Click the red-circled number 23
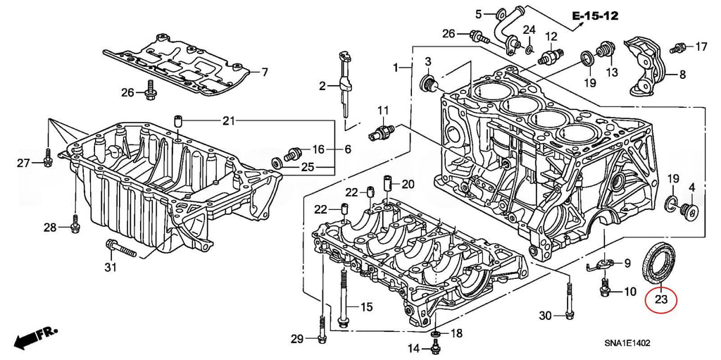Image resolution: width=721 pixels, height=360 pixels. (660, 300)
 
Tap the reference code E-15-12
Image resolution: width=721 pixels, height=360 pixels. (595, 15)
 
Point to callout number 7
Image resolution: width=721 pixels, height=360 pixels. (265, 73)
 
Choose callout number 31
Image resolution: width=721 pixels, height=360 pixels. (109, 267)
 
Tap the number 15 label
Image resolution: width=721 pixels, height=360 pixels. (365, 307)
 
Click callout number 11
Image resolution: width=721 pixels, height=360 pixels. (382, 111)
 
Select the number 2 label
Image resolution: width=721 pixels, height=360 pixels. (322, 86)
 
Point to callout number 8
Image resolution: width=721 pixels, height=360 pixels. (682, 74)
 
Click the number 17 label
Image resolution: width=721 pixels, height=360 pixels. (701, 47)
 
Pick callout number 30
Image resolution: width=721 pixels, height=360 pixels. (545, 316)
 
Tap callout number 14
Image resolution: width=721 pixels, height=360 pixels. (414, 348)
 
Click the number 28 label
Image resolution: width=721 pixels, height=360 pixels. (49, 227)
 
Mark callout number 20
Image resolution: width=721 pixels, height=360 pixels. (408, 185)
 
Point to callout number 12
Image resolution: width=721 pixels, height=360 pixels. (551, 37)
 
